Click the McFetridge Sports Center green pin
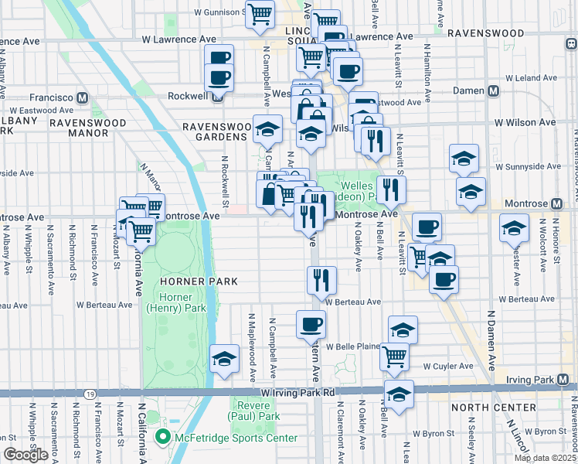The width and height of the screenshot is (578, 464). (162, 438)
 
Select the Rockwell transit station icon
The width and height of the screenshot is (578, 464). (219, 97)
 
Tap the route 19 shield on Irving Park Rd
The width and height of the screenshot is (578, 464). (90, 394)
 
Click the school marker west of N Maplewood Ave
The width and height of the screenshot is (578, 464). (224, 358)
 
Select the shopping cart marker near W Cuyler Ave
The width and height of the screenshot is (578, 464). (394, 356)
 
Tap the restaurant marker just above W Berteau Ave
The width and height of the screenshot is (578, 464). (321, 280)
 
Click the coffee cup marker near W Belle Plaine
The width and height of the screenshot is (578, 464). (311, 324)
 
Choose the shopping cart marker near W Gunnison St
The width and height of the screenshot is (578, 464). (260, 12)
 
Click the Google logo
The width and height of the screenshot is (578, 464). (26, 455)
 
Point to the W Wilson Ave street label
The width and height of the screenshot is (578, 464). (525, 122)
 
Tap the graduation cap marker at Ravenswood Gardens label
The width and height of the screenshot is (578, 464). (267, 130)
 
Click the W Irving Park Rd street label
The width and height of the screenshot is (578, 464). (297, 393)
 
